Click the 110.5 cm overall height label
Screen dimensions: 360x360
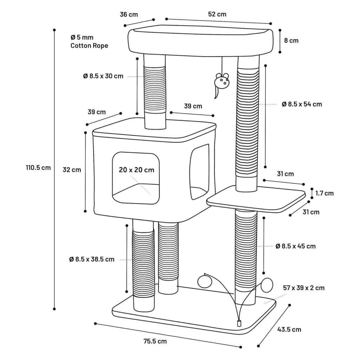(38, 168)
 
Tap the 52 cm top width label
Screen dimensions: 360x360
(217, 14)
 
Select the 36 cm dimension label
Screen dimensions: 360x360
(129, 14)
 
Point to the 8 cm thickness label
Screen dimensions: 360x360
(291, 40)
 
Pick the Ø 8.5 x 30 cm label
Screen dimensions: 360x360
(103, 76)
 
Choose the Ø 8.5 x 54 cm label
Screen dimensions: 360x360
(302, 104)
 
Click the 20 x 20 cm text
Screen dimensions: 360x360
(136, 170)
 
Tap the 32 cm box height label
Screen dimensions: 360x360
(72, 170)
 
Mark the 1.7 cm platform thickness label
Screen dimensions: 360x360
(324, 193)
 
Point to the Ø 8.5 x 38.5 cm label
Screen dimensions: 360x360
(92, 259)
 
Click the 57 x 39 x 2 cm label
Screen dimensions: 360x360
(304, 288)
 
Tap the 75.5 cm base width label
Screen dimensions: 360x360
(155, 341)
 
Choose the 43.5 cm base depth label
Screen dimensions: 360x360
(289, 330)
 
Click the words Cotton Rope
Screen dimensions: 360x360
(89, 46)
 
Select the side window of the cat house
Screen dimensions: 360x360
(199, 172)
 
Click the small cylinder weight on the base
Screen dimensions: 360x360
(239, 323)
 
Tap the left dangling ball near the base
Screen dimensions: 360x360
(204, 281)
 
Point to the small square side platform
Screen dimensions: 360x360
(256, 199)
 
